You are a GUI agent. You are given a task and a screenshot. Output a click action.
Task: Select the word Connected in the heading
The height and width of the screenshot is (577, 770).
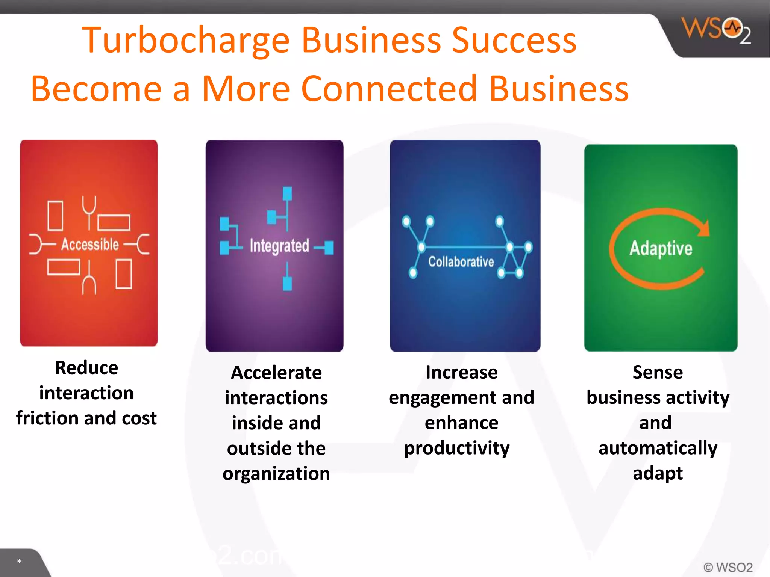[389, 89]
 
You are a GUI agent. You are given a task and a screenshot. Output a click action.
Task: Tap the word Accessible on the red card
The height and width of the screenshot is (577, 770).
[90, 244]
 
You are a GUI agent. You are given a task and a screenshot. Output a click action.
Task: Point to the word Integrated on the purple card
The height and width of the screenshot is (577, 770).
[279, 246]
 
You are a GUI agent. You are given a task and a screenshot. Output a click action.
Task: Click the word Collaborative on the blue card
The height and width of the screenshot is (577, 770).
[461, 261]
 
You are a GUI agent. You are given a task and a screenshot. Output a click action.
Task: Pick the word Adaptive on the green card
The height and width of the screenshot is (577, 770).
[661, 248]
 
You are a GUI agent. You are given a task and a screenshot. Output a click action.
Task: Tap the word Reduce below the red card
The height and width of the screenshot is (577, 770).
[86, 367]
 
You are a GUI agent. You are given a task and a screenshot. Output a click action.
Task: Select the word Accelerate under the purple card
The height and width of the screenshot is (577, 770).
[276, 373]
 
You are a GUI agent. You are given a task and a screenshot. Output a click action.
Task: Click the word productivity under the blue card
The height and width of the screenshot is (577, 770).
[457, 448]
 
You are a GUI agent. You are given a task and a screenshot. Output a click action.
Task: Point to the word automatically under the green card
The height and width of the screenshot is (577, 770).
[658, 448]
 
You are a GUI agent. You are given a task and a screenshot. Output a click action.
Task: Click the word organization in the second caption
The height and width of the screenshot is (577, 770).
[276, 474]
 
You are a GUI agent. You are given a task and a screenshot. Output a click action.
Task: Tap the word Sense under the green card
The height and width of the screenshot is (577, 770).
[658, 372]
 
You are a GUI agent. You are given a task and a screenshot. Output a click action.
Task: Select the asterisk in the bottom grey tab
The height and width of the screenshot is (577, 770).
[19, 562]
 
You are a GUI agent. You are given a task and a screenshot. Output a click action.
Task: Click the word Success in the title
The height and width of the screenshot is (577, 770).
[514, 40]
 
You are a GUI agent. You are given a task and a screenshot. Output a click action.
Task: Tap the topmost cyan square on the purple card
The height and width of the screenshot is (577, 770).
[287, 193]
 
